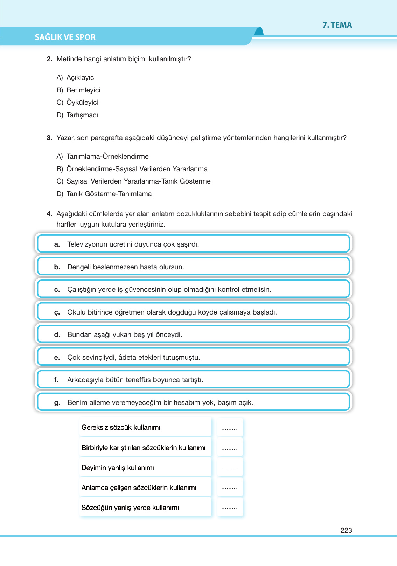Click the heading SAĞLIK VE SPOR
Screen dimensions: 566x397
pyautogui.click(x=65, y=37)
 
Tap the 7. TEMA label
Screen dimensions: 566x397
pyautogui.click(x=337, y=25)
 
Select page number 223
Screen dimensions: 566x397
pyautogui.click(x=346, y=530)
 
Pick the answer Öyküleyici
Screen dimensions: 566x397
pyautogui.click(x=82, y=103)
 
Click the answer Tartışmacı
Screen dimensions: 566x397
pyautogui.click(x=82, y=115)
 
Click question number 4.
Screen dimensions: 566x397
pyautogui.click(x=49, y=214)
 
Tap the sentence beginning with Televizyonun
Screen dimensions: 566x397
pyautogui.click(x=133, y=244)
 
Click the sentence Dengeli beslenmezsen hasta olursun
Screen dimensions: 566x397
pyautogui.click(x=125, y=267)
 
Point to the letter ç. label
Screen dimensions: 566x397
pyautogui.click(x=57, y=312)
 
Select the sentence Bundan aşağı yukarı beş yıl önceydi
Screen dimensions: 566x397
pyautogui.click(x=125, y=335)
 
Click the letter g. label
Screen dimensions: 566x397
pyautogui.click(x=57, y=403)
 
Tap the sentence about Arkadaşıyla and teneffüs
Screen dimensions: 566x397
pyautogui.click(x=135, y=380)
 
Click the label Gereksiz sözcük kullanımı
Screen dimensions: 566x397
pyautogui.click(x=121, y=428)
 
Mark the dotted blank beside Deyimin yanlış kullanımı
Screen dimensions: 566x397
pyautogui.click(x=229, y=468)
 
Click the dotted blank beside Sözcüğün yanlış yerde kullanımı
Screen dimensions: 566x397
pyautogui.click(x=229, y=508)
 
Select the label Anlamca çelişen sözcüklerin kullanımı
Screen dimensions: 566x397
pyautogui.click(x=139, y=488)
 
